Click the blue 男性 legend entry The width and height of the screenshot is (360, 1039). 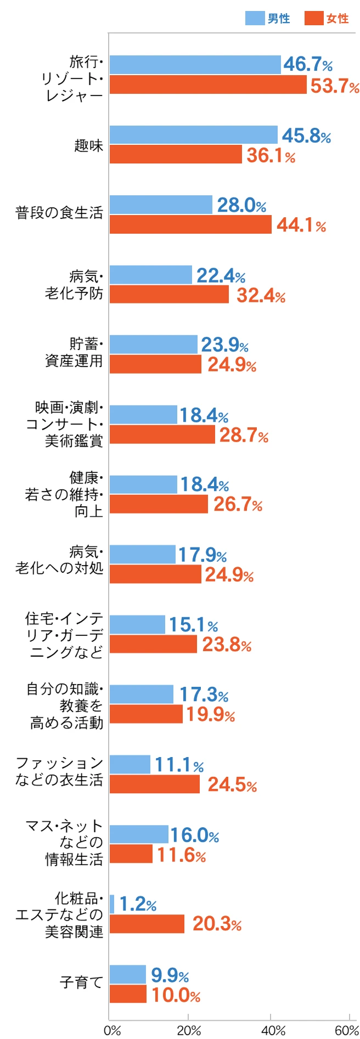coord(267,18)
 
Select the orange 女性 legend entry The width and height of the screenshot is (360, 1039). coord(327,18)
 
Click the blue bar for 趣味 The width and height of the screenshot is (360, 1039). coord(193,135)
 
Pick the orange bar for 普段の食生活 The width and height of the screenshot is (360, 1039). coord(190,224)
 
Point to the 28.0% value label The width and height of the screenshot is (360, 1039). coord(241,205)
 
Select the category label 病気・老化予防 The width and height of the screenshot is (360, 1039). coord(74,285)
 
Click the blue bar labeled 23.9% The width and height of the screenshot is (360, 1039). coord(153,345)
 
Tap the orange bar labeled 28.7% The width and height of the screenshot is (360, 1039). coord(162,434)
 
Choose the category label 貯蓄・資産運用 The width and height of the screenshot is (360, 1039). coord(74,352)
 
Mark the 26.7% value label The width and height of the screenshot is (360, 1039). coord(238,504)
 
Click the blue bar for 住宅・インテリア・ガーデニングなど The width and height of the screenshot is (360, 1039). coord(137,624)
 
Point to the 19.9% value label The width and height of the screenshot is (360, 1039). coord(211,714)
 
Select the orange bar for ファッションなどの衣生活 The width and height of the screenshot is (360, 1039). coord(154,784)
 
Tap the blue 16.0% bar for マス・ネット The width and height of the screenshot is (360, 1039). coord(139,834)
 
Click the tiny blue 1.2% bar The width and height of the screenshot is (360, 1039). coord(112,904)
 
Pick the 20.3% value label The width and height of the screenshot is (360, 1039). coord(217,924)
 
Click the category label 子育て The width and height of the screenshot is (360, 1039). coord(81,982)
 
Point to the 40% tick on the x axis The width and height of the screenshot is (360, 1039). coord(273,1030)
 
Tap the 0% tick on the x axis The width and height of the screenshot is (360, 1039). coord(112,1030)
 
